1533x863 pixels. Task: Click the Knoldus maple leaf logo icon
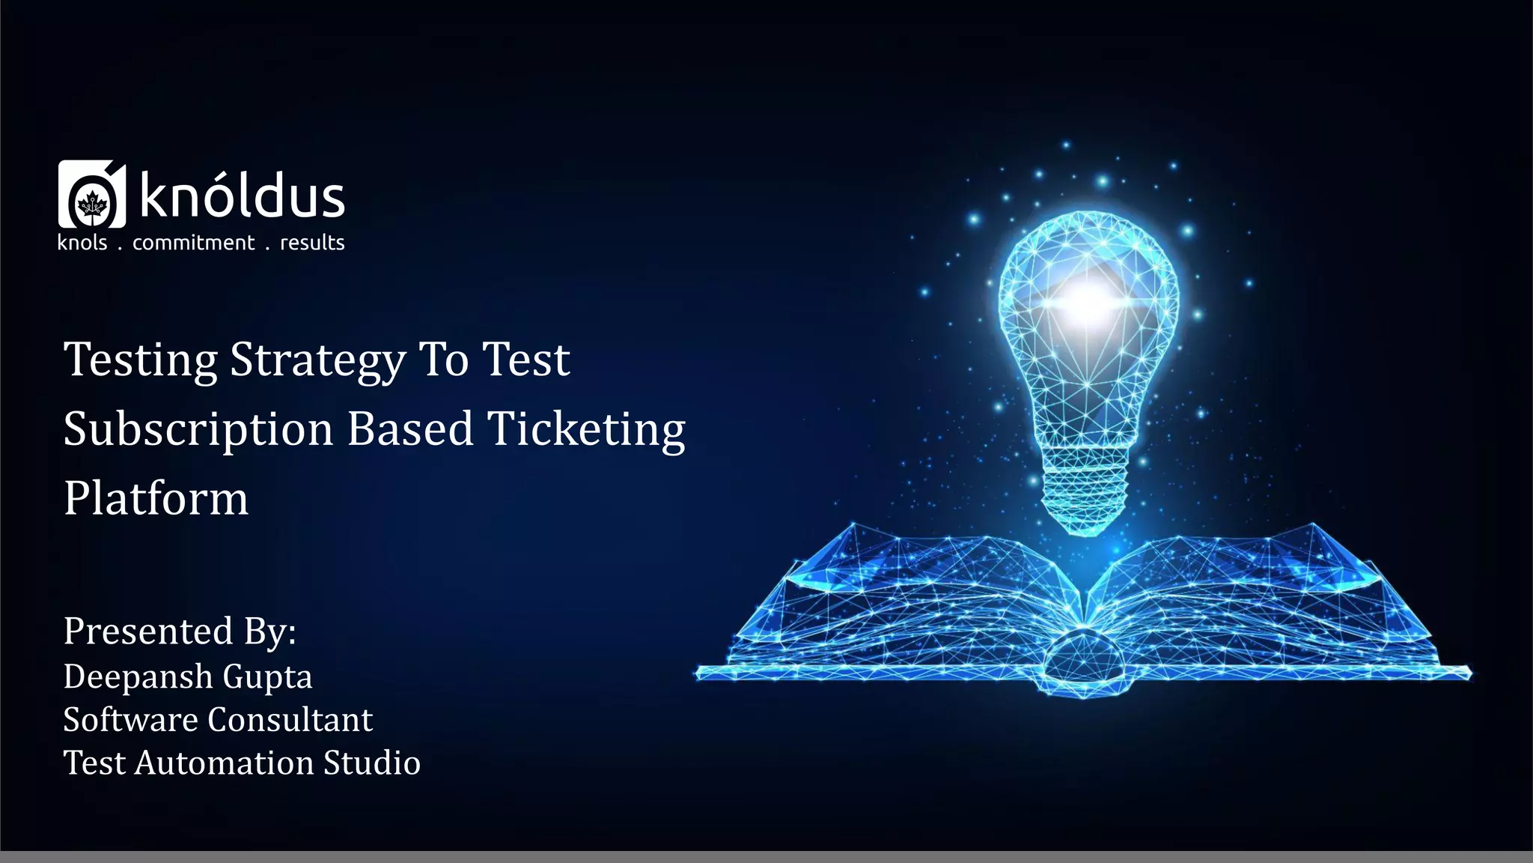click(92, 195)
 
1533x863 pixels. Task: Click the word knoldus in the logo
click(242, 196)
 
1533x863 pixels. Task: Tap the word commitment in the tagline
click(193, 243)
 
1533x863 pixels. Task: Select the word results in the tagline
click(312, 243)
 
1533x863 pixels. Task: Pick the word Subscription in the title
click(198, 430)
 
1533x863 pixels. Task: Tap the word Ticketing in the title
click(586, 430)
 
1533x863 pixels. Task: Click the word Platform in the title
click(156, 498)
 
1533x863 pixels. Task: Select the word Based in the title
click(410, 429)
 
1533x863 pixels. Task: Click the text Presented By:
click(180, 631)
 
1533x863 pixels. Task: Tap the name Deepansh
click(138, 677)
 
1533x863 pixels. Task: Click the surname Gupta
click(267, 677)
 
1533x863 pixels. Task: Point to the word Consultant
click(290, 720)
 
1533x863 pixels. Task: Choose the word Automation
click(225, 763)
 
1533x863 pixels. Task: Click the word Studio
click(372, 763)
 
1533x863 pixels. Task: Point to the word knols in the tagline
click(82, 243)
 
